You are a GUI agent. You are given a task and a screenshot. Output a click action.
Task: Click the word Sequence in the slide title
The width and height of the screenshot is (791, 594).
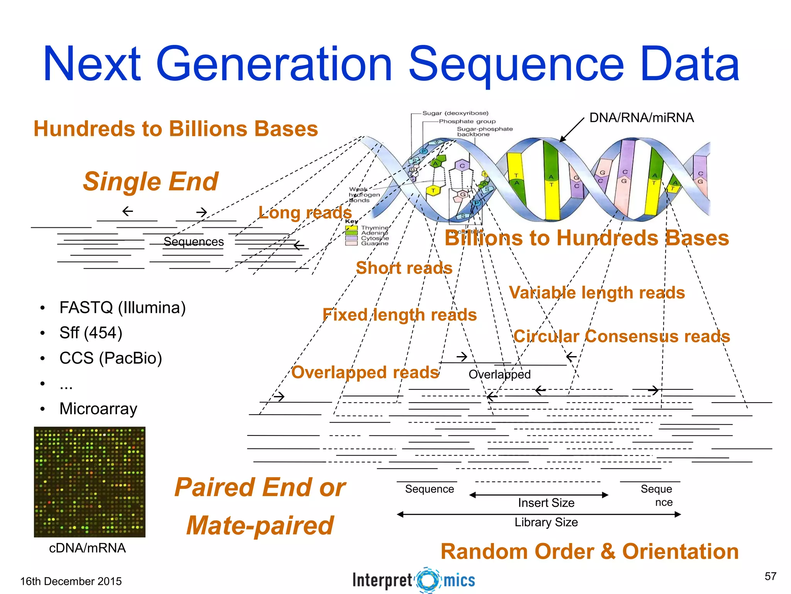(x=516, y=65)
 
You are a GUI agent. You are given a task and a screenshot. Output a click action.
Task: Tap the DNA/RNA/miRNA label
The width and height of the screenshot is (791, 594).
(x=641, y=118)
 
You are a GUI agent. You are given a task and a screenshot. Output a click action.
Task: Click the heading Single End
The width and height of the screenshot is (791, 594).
(x=151, y=181)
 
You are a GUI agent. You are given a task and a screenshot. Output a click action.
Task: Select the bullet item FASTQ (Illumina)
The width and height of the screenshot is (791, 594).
(x=122, y=308)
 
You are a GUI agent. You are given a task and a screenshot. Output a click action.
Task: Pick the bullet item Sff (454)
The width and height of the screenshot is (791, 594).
(x=91, y=333)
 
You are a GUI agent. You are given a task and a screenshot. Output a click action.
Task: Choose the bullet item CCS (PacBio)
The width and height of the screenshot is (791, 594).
(x=110, y=358)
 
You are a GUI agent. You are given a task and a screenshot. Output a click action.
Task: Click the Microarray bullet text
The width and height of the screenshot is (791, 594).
(x=98, y=409)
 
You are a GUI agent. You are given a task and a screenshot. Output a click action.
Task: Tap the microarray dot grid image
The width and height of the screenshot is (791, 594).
(x=90, y=482)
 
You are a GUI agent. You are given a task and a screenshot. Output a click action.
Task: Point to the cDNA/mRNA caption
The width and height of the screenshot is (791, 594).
(x=87, y=548)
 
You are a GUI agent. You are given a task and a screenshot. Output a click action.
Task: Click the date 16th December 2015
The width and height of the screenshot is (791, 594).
(x=71, y=581)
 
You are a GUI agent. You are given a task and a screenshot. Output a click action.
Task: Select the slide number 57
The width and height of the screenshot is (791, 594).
(x=770, y=576)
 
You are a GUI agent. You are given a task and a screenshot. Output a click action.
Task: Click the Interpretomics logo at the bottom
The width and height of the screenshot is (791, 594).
(x=414, y=580)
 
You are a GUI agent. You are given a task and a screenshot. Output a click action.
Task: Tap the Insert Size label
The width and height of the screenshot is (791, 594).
(x=546, y=503)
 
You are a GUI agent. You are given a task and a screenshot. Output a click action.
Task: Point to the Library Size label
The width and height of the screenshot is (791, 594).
(x=546, y=522)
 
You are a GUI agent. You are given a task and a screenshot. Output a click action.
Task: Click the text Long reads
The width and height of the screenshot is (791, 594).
(x=305, y=213)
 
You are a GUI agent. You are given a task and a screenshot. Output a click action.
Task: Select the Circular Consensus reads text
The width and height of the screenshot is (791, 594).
(x=622, y=336)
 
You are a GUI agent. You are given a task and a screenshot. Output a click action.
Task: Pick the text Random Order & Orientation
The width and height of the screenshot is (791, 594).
(x=589, y=551)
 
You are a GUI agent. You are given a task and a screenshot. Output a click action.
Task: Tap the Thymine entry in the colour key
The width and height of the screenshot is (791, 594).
(x=374, y=228)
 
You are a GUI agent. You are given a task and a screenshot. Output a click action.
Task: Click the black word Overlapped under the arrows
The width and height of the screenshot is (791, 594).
(x=499, y=374)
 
